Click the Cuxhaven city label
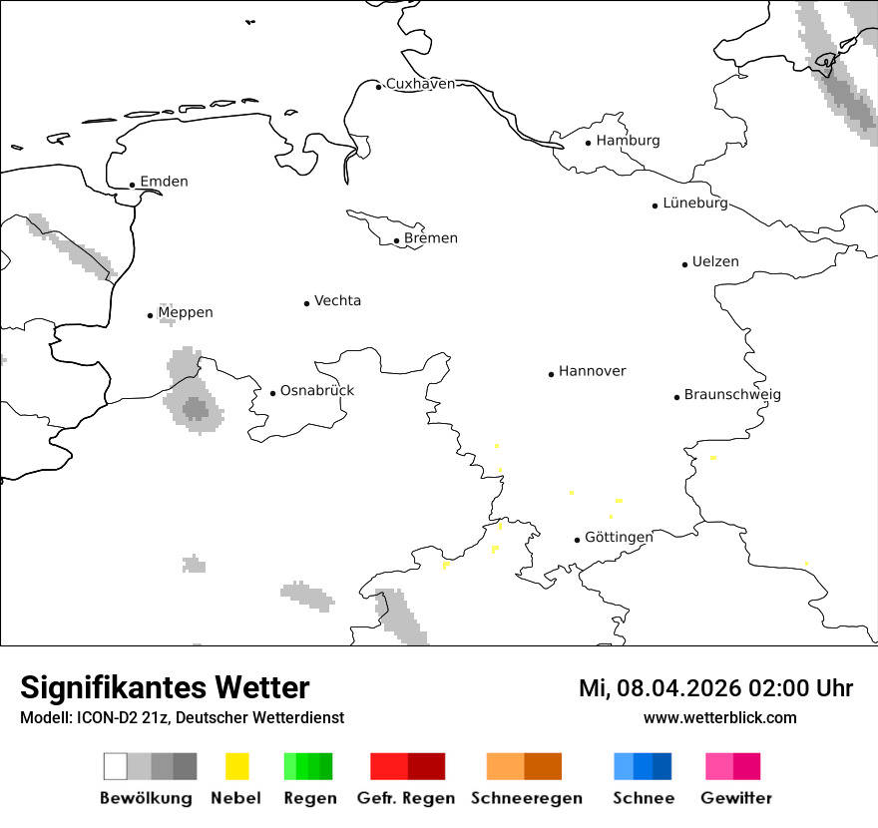tap(420, 84)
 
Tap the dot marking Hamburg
tap(588, 142)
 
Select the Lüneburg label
tap(695, 203)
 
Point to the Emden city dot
tap(132, 185)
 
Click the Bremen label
tap(431, 238)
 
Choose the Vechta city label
tap(337, 300)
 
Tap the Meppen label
tap(186, 312)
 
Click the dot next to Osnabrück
tap(272, 393)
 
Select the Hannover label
tap(593, 371)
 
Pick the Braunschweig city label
tap(732, 394)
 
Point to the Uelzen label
tap(715, 261)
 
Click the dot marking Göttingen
tap(577, 540)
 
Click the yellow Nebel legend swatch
tap(236, 766)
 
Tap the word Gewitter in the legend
tap(736, 798)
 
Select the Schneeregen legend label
tap(527, 798)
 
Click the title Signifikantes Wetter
tap(165, 687)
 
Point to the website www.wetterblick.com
tap(719, 717)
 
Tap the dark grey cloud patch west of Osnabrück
tap(196, 408)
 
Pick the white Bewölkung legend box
tap(115, 766)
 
